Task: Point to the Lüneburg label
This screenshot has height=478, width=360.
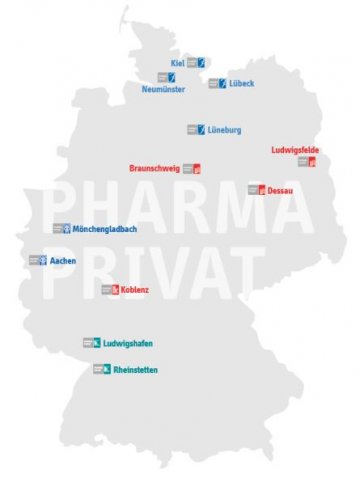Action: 225,130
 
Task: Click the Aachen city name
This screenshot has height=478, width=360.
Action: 64,261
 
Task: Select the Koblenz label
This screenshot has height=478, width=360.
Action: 135,290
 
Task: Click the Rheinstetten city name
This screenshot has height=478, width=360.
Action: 136,370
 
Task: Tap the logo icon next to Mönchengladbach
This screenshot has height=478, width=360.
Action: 61,228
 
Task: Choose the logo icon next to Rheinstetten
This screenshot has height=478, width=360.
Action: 102,370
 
